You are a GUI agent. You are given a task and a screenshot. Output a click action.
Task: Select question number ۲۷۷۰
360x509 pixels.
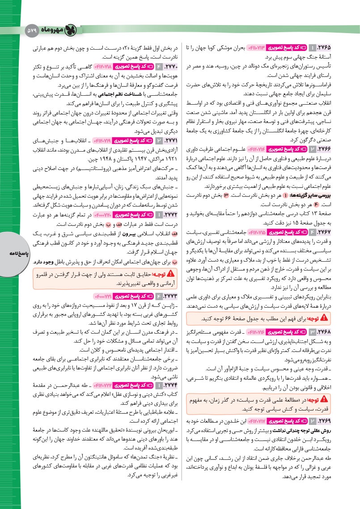pos(168,67)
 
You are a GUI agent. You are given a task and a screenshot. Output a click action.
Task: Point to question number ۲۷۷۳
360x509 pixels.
pos(168,296)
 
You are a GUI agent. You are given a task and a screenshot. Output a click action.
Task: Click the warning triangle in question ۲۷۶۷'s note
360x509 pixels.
pos(324,318)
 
